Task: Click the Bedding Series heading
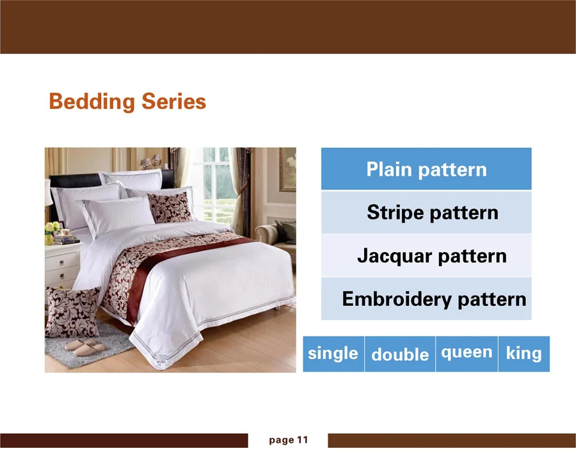tap(127, 102)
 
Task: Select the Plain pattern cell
tap(426, 169)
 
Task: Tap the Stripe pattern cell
tap(426, 212)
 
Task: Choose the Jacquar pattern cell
tap(426, 256)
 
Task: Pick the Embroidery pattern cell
tap(426, 299)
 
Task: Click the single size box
tap(333, 354)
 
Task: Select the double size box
tap(400, 354)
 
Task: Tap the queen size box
tap(467, 354)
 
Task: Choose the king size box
tap(524, 354)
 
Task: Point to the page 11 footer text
tap(289, 440)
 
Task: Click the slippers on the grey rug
tap(85, 346)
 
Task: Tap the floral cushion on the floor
tap(72, 312)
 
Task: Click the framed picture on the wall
tap(287, 170)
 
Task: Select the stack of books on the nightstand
tap(66, 240)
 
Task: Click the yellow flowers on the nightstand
tap(52, 227)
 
